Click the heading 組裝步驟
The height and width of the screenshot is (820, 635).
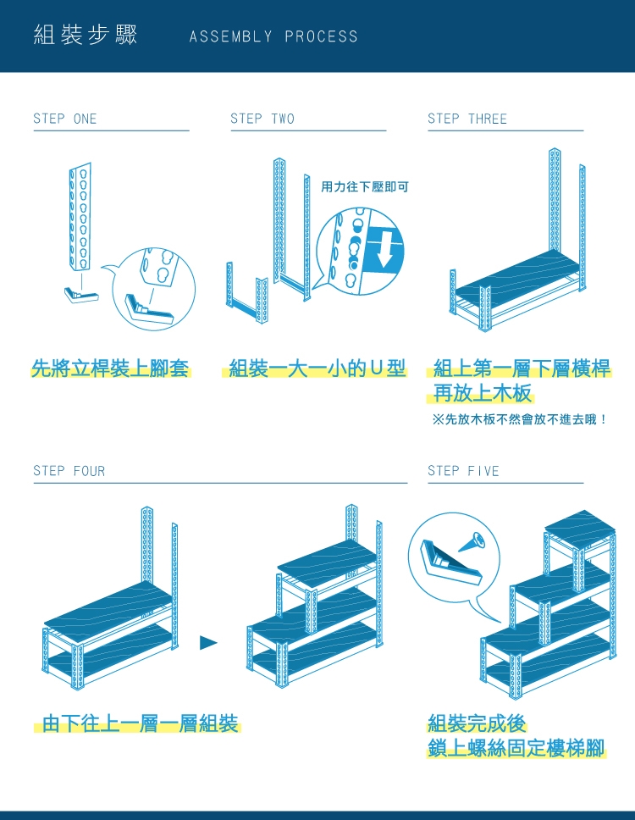tap(86, 35)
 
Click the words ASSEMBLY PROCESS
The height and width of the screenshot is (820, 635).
tap(273, 36)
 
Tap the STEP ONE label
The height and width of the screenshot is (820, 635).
tap(65, 119)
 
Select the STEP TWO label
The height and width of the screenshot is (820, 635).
tap(262, 119)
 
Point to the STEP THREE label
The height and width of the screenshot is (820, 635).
tap(467, 119)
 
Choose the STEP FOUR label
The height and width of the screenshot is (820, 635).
tap(69, 471)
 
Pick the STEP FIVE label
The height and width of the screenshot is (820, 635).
tap(463, 471)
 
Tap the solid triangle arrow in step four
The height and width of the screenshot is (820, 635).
tap(208, 642)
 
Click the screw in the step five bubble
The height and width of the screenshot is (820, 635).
tap(472, 542)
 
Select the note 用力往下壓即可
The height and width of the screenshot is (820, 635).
tap(364, 186)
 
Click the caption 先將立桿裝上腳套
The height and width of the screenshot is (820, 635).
tap(110, 368)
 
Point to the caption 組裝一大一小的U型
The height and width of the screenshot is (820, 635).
tap(317, 368)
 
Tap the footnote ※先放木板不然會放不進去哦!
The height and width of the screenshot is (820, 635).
tap(520, 418)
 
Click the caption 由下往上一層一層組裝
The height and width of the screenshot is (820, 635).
tap(140, 723)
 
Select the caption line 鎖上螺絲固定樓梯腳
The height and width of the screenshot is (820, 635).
tap(516, 748)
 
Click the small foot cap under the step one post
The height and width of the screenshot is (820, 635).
tap(81, 295)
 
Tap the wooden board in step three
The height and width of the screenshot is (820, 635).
tap(517, 276)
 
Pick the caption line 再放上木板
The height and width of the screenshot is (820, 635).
tap(483, 393)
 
